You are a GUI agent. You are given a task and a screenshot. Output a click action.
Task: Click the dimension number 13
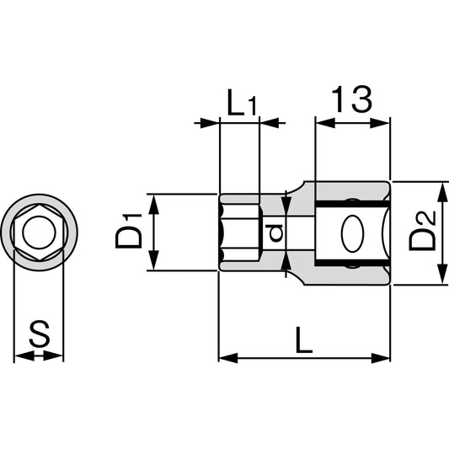352,99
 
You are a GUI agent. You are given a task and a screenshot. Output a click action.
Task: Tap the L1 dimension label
241,103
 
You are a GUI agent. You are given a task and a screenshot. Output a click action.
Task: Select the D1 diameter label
129,231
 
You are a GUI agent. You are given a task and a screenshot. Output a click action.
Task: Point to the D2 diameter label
422,231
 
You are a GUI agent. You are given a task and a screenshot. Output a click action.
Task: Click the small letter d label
274,233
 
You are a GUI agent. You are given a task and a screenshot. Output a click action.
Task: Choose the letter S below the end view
40,334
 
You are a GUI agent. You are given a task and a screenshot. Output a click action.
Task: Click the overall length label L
304,339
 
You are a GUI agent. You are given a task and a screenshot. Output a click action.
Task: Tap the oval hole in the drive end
352,233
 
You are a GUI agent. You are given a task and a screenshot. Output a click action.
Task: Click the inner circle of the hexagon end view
40,233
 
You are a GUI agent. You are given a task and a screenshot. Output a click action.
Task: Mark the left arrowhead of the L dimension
228,358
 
